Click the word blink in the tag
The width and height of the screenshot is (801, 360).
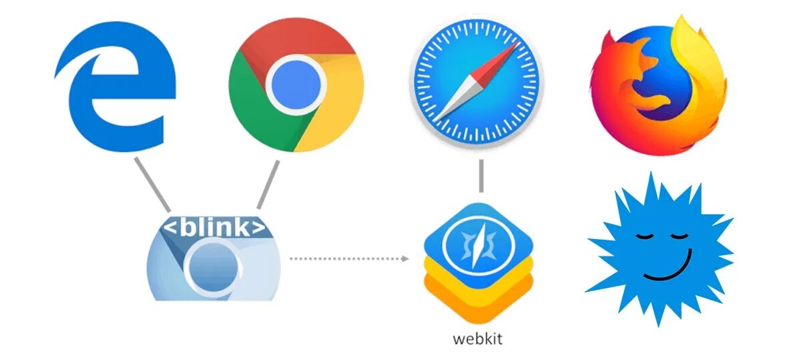coord(215,228)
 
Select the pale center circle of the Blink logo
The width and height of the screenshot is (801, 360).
coord(212,268)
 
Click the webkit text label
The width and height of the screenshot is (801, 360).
coord(477,338)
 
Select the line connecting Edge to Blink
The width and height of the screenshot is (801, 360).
coord(152,184)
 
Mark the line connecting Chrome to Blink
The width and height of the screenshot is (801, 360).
coord(268,184)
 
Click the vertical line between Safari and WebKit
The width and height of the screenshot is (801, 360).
coord(480,176)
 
